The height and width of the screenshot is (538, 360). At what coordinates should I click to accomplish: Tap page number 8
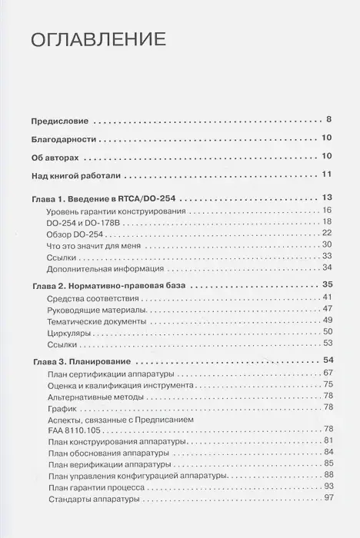pyautogui.click(x=328, y=121)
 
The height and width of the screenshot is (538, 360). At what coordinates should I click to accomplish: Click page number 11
pyautogui.click(x=326, y=175)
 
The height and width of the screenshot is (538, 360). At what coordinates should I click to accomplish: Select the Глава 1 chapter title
pyautogui.click(x=105, y=198)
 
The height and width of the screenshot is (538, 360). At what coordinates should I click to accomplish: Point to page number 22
pyautogui.click(x=326, y=233)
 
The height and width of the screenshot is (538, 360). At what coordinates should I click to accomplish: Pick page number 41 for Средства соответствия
pyautogui.click(x=326, y=297)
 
